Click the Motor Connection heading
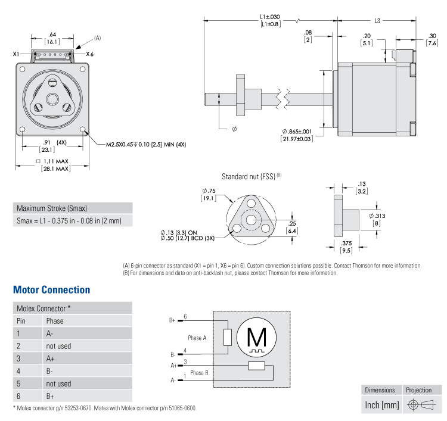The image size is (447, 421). pyautogui.click(x=51, y=290)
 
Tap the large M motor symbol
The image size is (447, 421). pyautogui.click(x=257, y=338)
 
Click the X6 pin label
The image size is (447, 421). pyautogui.click(x=89, y=54)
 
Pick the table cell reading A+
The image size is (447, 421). pyautogui.click(x=50, y=358)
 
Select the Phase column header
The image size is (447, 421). pyautogui.click(x=54, y=321)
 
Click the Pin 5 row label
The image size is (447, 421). pyautogui.click(x=18, y=383)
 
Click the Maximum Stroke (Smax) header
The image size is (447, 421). pyautogui.click(x=52, y=208)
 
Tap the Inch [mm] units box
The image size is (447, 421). pyautogui.click(x=381, y=406)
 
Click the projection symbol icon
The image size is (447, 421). pyautogui.click(x=418, y=406)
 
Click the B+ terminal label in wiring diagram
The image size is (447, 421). pyautogui.click(x=172, y=320)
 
